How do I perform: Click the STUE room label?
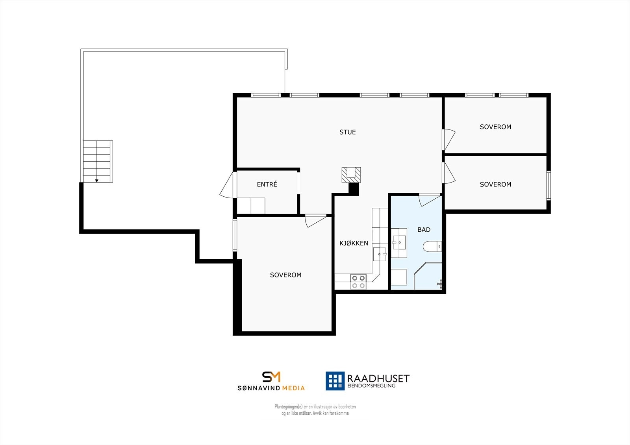tap(347, 132)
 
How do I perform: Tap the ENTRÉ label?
tap(267, 184)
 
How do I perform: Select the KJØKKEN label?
tap(354, 243)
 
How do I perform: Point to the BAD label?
tap(424, 230)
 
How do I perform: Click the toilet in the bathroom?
tap(432, 247)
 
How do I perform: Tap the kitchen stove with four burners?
tap(358, 282)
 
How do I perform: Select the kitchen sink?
tap(380, 254)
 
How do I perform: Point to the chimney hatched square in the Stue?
tap(351, 175)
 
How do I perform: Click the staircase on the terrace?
tap(97, 161)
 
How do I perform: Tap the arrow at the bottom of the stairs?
tap(96, 180)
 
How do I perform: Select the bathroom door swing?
tap(428, 199)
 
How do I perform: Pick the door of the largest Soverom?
tap(315, 221)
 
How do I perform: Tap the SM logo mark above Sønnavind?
tap(271, 377)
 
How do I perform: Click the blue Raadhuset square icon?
tap(335, 381)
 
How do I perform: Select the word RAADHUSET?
tap(378, 379)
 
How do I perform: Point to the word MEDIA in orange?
tap(293, 388)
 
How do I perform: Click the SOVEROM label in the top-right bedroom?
tap(495, 127)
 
